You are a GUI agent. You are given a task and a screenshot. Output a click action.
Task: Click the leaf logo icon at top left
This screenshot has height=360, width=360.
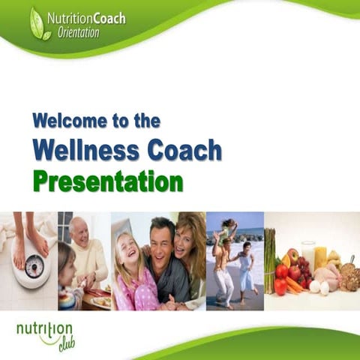click(40, 24)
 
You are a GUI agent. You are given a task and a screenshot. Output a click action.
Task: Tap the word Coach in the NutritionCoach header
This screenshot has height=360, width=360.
click(108, 17)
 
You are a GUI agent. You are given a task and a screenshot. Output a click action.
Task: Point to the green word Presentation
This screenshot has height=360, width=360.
click(107, 181)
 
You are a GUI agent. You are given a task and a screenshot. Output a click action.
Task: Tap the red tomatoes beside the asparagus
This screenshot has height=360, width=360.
click(284, 277)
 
